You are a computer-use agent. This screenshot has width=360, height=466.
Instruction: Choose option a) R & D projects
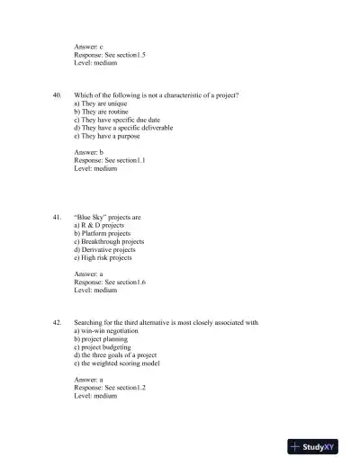tap(103, 225)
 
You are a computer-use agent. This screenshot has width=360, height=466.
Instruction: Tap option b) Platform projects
tap(102, 234)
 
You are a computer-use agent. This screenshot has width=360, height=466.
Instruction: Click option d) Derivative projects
tap(104, 250)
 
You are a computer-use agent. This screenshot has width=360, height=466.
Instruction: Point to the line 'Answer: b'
tap(89, 153)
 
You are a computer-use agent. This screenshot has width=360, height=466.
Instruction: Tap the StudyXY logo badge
tap(318, 446)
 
